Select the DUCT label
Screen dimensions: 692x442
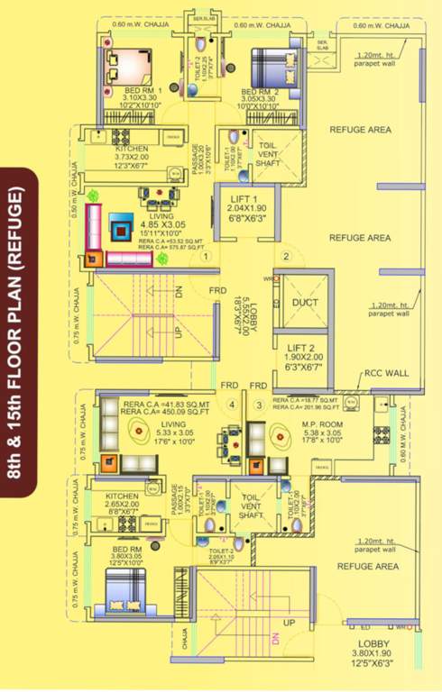(x=304, y=303)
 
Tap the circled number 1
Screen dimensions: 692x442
(x=207, y=257)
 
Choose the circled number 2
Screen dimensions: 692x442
(x=286, y=257)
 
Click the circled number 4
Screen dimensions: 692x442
(x=232, y=405)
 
